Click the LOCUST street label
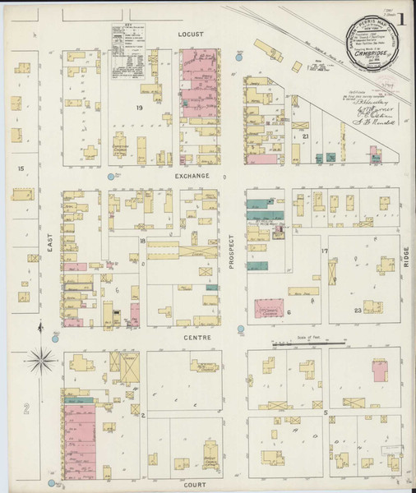[190, 36]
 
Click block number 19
[140, 108]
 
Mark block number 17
[325, 250]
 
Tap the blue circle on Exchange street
[111, 176]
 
